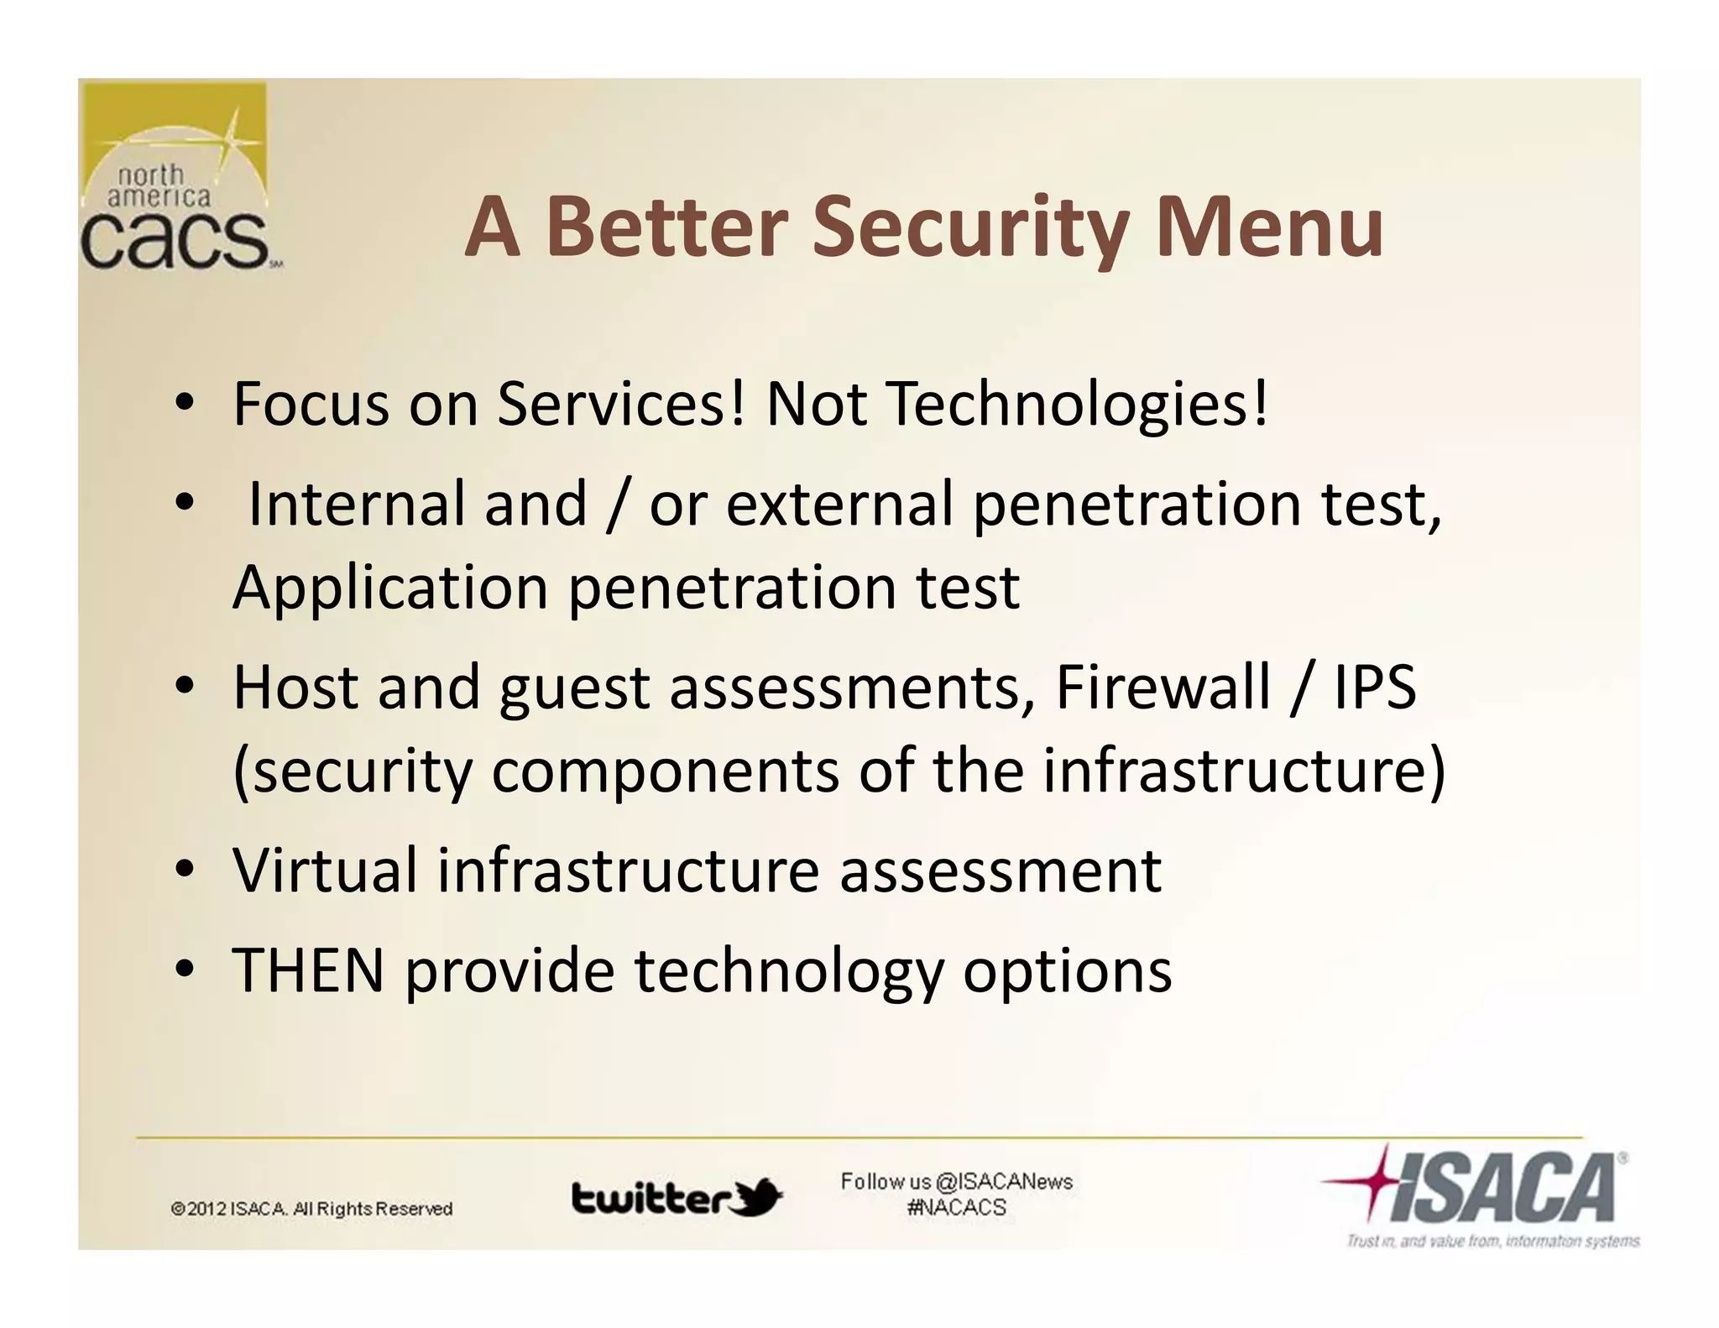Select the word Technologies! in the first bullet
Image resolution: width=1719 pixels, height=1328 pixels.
pos(1077,405)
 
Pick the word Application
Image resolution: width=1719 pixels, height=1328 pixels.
pos(390,588)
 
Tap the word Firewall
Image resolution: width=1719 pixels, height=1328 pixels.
pos(1163,688)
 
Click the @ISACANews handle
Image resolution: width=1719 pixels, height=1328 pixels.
pos(1003,1182)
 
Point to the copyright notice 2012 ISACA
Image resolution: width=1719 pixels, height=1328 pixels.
pos(311,1209)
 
